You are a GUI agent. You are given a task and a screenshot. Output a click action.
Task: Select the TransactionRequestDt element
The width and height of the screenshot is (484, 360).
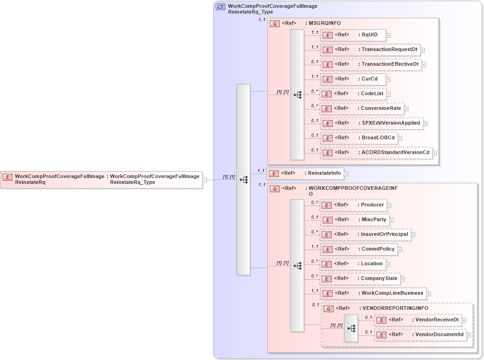tap(370, 50)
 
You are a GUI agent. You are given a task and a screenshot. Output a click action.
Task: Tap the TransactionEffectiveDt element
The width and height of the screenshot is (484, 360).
tap(371, 64)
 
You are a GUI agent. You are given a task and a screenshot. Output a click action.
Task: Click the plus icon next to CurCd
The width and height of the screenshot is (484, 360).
tap(388, 80)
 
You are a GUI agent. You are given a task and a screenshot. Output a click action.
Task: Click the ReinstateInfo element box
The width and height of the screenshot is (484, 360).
tap(306, 173)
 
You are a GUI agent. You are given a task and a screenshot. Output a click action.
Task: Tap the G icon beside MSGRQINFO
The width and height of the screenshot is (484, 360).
tap(275, 23)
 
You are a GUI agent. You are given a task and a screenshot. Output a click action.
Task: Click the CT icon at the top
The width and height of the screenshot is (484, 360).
tap(220, 7)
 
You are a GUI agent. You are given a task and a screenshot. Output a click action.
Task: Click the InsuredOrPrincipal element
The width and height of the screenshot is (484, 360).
tap(365, 234)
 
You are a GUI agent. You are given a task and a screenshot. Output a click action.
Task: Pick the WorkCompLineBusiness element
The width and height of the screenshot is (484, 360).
tap(373, 293)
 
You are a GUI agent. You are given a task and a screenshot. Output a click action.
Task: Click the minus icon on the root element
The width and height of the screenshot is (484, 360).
tap(205, 180)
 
